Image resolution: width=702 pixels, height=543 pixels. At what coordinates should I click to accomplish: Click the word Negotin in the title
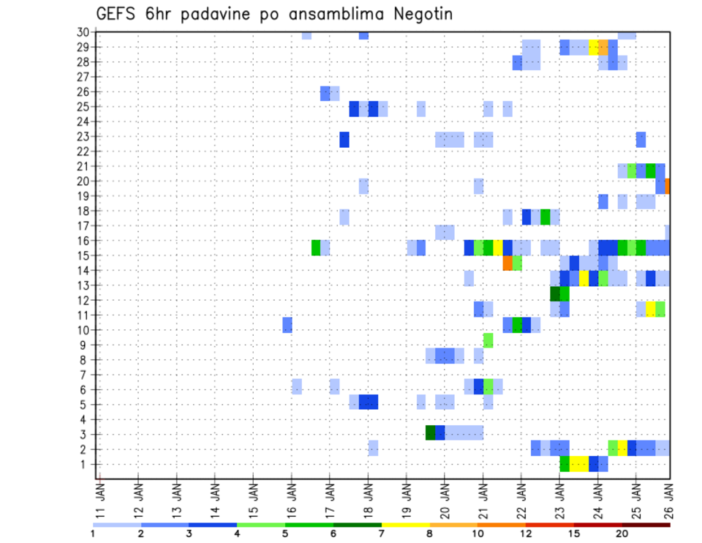point(420,15)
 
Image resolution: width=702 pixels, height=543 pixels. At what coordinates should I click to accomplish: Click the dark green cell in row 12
point(555,293)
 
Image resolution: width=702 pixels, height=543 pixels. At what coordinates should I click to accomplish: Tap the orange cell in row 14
point(507,263)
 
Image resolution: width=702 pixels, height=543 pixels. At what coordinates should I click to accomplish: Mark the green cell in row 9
point(488,340)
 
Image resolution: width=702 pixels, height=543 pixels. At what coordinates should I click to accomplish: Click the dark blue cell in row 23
point(344,139)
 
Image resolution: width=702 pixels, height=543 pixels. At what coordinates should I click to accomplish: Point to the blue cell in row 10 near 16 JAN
point(287,324)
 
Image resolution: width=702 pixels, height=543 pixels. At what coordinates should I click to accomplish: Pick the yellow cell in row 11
point(651,309)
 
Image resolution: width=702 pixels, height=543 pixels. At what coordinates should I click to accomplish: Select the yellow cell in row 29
point(594,48)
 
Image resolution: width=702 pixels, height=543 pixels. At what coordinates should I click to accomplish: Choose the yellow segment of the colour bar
point(406,525)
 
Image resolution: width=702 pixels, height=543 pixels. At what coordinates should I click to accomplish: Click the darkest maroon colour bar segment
point(646,525)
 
